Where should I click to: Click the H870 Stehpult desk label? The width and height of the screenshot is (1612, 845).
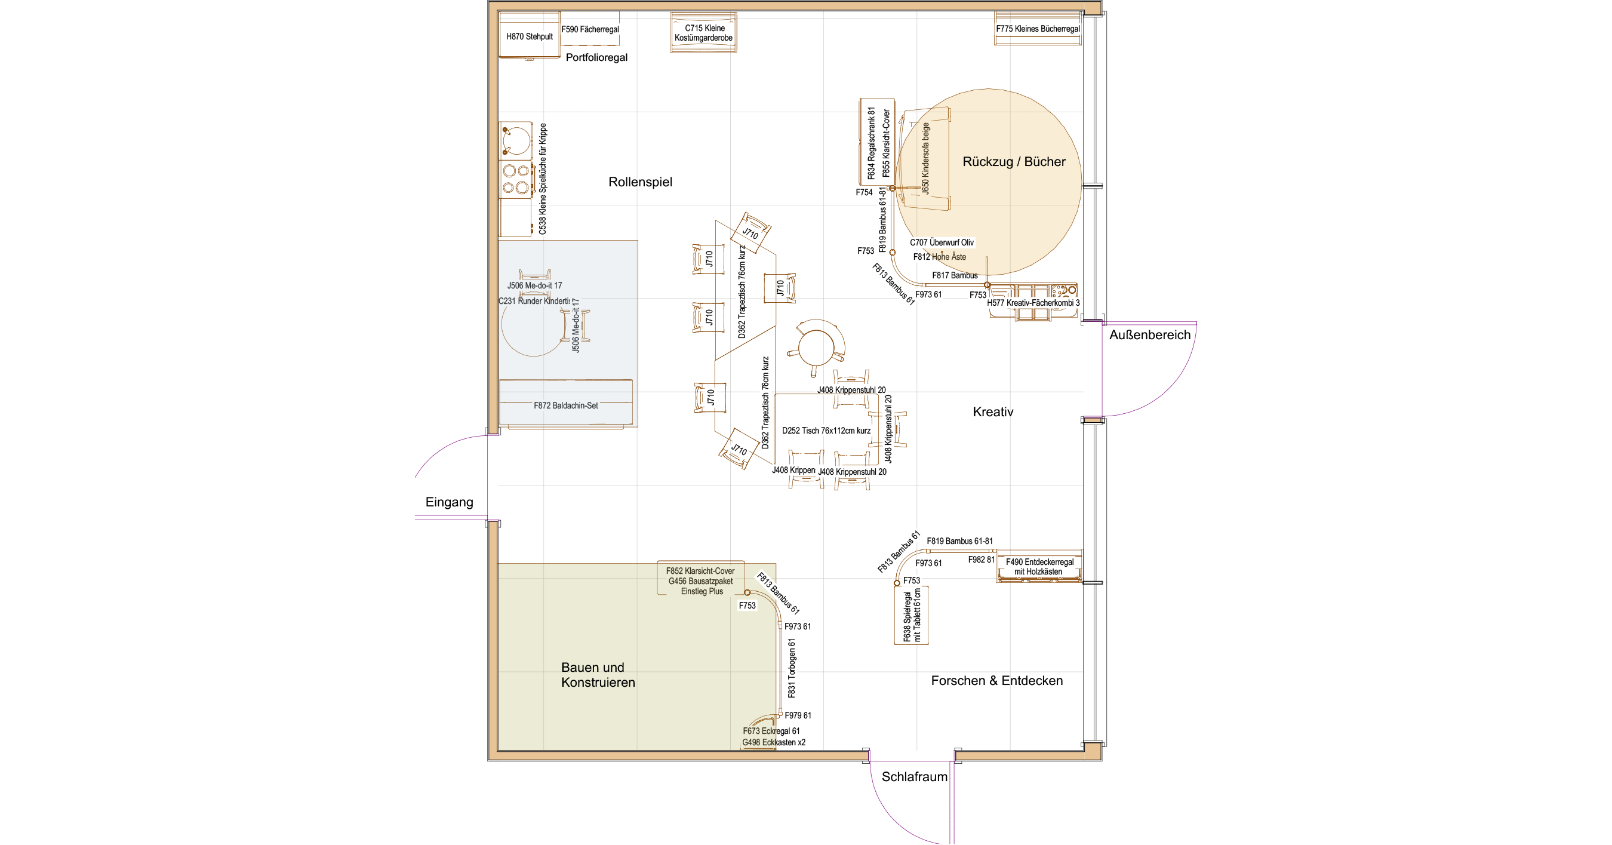click(529, 36)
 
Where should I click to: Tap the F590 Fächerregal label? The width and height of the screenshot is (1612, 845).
click(589, 29)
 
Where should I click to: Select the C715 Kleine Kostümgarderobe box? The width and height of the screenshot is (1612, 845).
click(703, 33)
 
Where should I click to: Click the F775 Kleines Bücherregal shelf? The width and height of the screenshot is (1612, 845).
click(1038, 29)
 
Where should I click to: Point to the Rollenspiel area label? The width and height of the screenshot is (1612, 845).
click(640, 182)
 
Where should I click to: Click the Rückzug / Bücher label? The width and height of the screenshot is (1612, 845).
click(1014, 161)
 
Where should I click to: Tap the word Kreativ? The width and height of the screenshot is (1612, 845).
click(992, 412)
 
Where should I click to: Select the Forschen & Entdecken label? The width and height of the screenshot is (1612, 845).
click(996, 680)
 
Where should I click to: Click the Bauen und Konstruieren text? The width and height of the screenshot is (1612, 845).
click(598, 675)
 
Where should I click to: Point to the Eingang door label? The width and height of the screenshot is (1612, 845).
click(450, 502)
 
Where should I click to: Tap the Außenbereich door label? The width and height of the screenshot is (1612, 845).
click(1149, 335)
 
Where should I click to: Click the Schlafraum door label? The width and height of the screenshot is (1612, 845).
click(914, 777)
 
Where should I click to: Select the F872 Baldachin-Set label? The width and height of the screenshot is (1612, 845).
click(566, 405)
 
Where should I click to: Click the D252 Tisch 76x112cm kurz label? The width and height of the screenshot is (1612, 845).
click(826, 431)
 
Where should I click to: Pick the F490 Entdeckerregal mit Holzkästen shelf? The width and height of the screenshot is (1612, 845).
click(1039, 567)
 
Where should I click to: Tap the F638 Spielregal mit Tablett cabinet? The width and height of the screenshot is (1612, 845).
click(911, 616)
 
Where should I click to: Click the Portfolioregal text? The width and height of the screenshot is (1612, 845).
click(596, 57)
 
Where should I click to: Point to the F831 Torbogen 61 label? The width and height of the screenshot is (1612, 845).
click(792, 668)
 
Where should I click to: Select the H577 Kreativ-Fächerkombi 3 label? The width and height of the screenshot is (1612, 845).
click(1033, 303)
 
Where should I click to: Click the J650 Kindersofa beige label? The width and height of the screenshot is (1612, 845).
click(925, 158)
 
